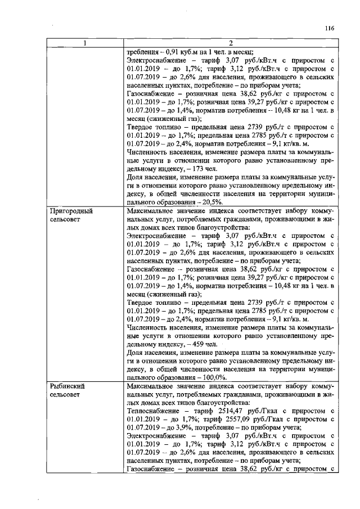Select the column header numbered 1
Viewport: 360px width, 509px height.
(x=85, y=44)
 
